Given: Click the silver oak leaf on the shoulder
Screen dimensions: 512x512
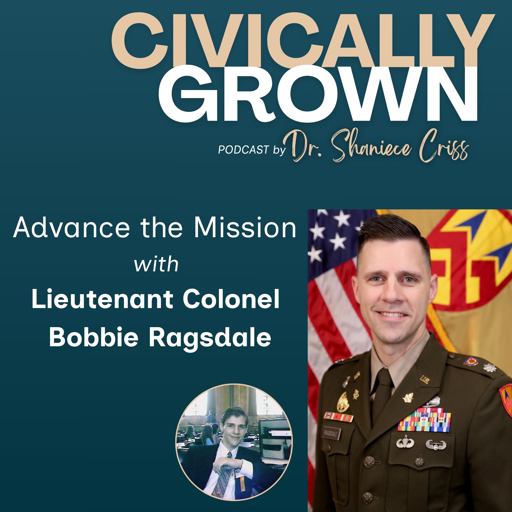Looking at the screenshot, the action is pos(488,367).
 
